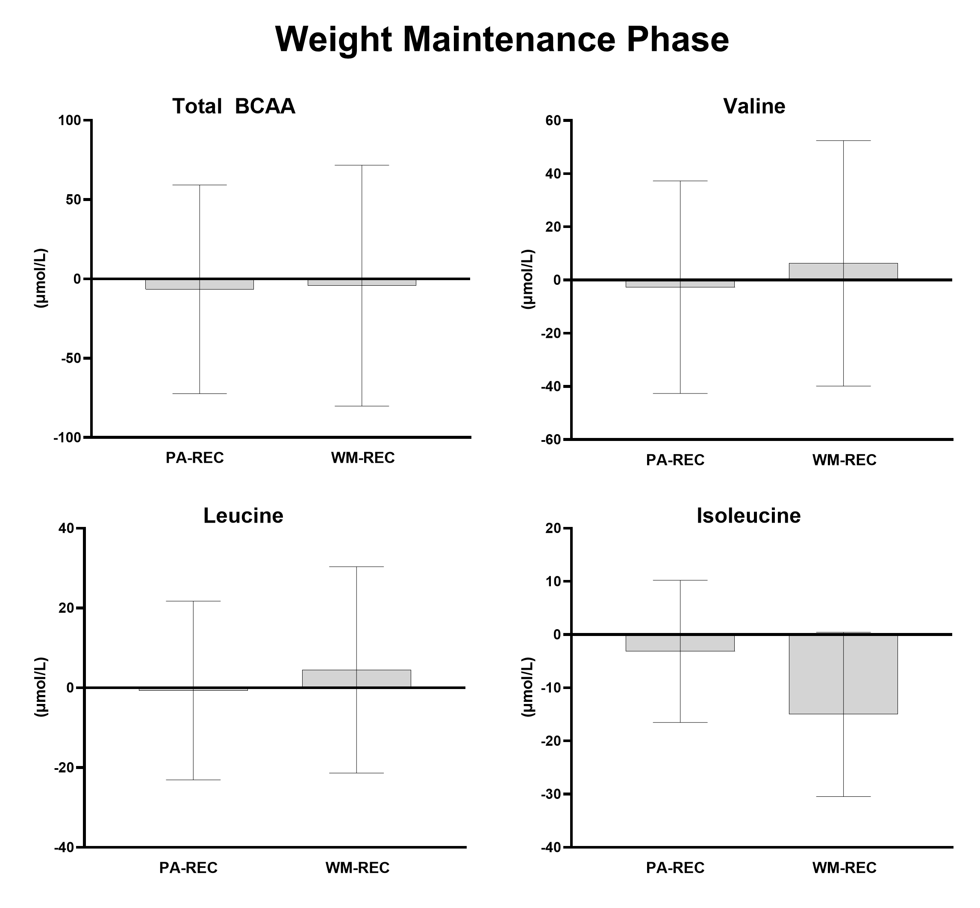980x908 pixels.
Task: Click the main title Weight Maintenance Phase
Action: click(x=502, y=39)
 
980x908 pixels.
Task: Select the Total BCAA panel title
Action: click(x=234, y=106)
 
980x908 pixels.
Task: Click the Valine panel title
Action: click(x=754, y=106)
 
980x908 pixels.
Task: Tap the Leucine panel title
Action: click(x=243, y=515)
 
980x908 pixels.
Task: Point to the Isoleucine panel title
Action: click(x=748, y=515)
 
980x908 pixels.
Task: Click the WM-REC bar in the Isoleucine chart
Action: click(x=869, y=674)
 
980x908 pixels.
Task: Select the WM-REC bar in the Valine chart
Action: click(x=869, y=271)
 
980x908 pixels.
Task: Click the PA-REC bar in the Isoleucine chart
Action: click(x=707, y=643)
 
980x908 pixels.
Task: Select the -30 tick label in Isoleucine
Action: click(x=553, y=794)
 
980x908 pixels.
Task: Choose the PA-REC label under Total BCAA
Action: click(x=194, y=458)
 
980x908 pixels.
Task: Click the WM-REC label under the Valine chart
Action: click(x=844, y=460)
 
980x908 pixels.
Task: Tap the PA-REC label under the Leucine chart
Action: click(x=188, y=868)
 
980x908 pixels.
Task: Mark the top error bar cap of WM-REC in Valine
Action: click(x=844, y=141)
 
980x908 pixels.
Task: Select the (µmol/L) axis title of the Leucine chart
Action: click(x=41, y=687)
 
